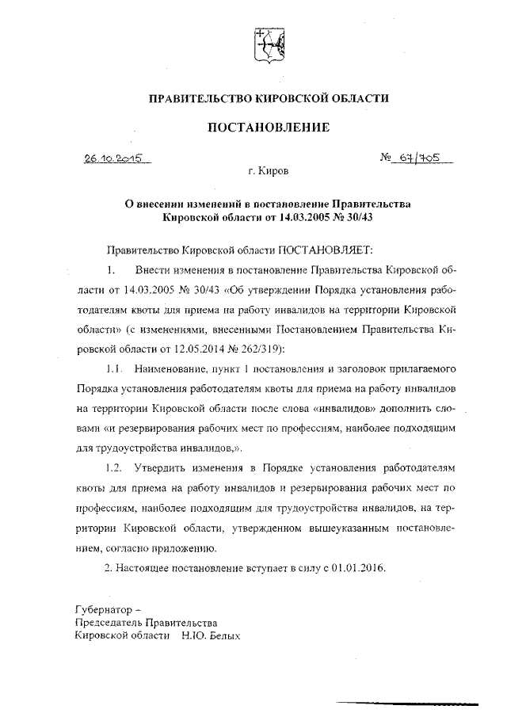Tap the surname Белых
(x=221, y=635)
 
